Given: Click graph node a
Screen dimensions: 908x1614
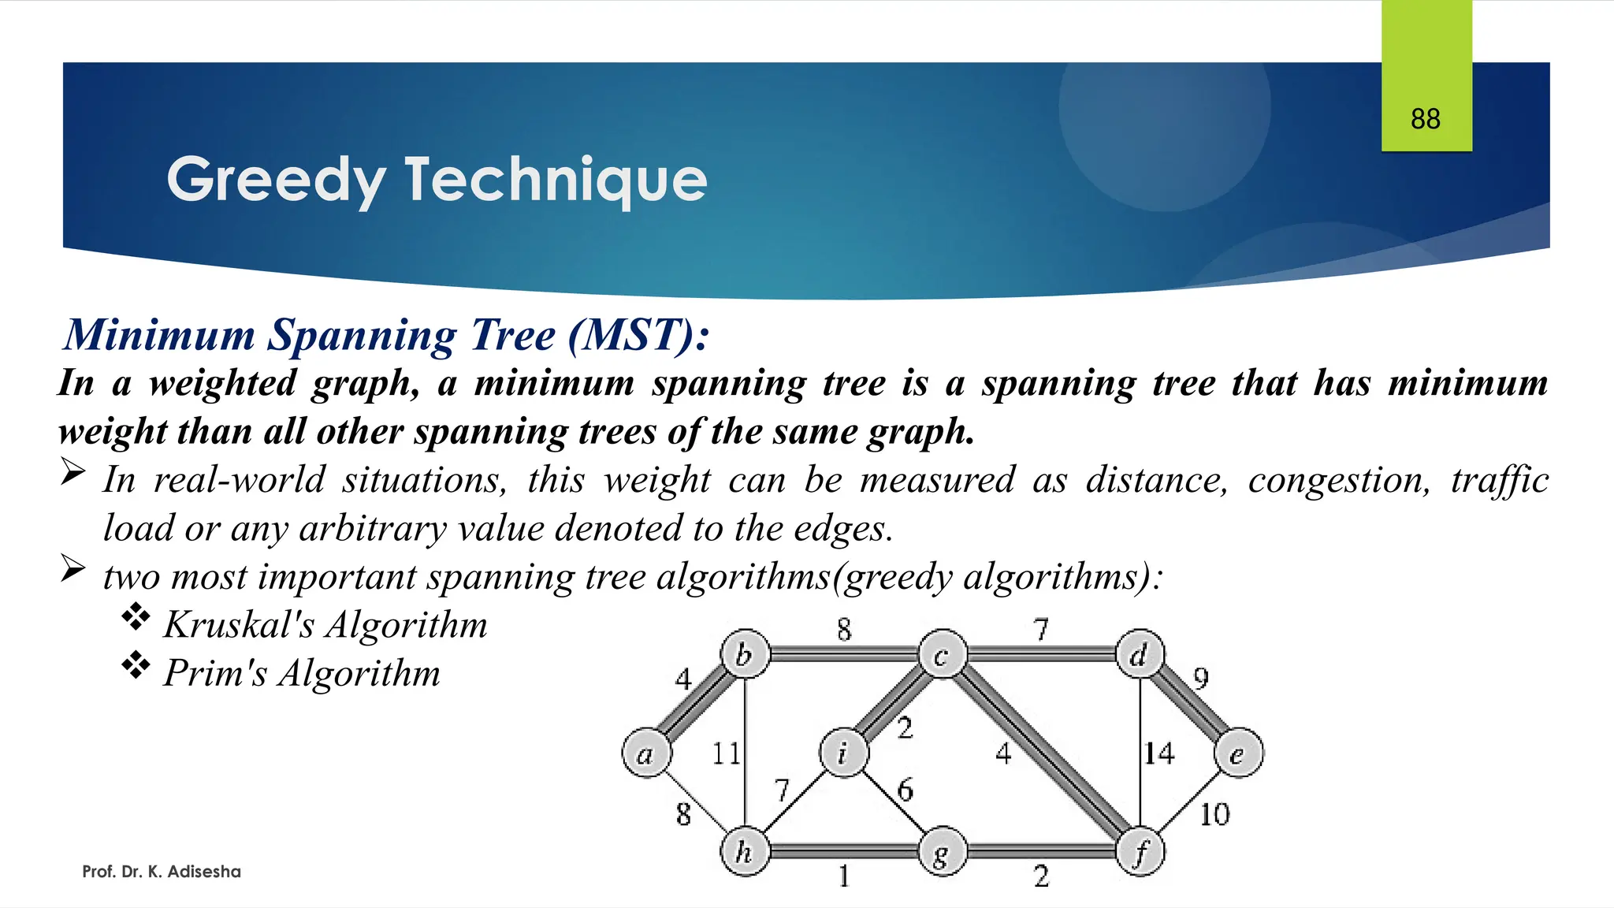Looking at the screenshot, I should coord(646,754).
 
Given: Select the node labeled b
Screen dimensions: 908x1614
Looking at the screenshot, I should coord(745,654).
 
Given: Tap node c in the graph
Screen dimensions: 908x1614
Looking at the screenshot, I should coord(943,654).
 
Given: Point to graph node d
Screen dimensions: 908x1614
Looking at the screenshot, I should coord(1140,654).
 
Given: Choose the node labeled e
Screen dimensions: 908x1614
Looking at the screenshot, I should coord(1239,754).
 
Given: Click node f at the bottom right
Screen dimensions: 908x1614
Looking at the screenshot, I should coord(1140,852).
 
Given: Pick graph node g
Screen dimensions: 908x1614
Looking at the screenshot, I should coord(943,852).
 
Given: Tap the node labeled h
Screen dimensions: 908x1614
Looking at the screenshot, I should coord(745,852).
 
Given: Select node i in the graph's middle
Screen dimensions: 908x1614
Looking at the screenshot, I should coord(843,754).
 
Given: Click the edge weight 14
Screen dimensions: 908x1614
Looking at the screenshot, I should coord(1158,754).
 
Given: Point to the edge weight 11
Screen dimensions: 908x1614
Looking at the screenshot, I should coord(726,754).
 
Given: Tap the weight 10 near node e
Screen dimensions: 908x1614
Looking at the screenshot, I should coord(1214,814).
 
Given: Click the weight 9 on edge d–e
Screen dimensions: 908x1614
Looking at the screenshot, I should coord(1200,678).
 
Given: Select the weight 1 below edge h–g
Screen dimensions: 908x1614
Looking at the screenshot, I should coord(844,876).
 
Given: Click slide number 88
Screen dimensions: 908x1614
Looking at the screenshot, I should coord(1426,119).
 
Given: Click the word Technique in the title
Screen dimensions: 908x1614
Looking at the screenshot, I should coord(556,180).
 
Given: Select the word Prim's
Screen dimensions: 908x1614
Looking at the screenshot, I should coord(215,673).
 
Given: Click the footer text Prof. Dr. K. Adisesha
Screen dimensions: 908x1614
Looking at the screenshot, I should coord(162,872).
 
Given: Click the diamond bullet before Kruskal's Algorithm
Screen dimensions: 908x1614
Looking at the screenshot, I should coord(136,617).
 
